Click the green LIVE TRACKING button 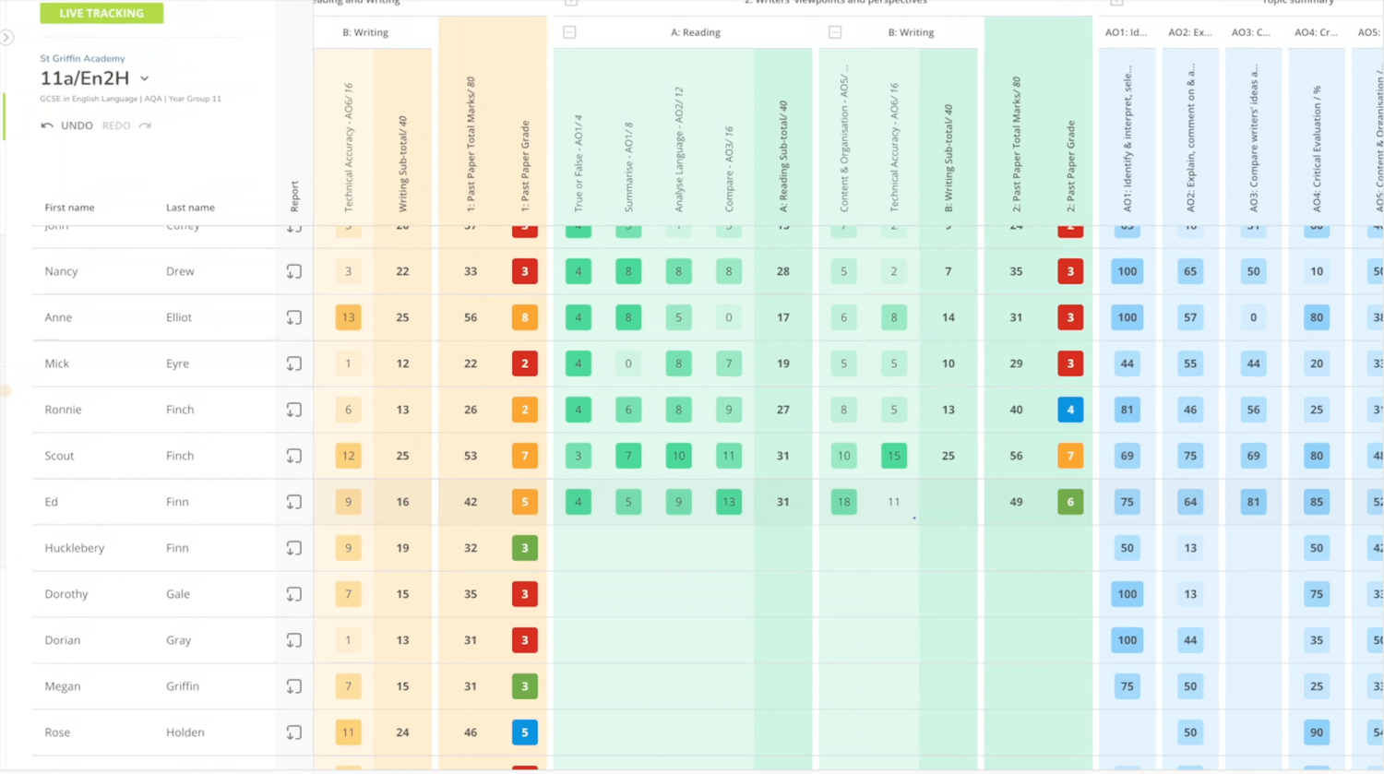tap(101, 13)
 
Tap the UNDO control tap(67, 125)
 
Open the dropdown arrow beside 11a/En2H tap(145, 79)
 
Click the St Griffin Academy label tap(82, 58)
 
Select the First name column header tap(69, 208)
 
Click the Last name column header tap(190, 208)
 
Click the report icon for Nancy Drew tap(293, 271)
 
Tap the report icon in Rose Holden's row tap(293, 732)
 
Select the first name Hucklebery tap(74, 548)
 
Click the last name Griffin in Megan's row tap(183, 686)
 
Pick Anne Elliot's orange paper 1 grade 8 tap(524, 317)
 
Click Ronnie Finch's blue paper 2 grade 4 tap(1070, 410)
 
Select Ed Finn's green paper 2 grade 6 tap(1070, 502)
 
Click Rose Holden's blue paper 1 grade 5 tap(524, 732)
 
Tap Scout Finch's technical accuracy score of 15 tap(893, 456)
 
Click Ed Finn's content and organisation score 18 tap(843, 502)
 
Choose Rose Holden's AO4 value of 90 tap(1316, 732)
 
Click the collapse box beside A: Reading tap(569, 32)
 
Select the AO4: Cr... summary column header tap(1316, 32)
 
